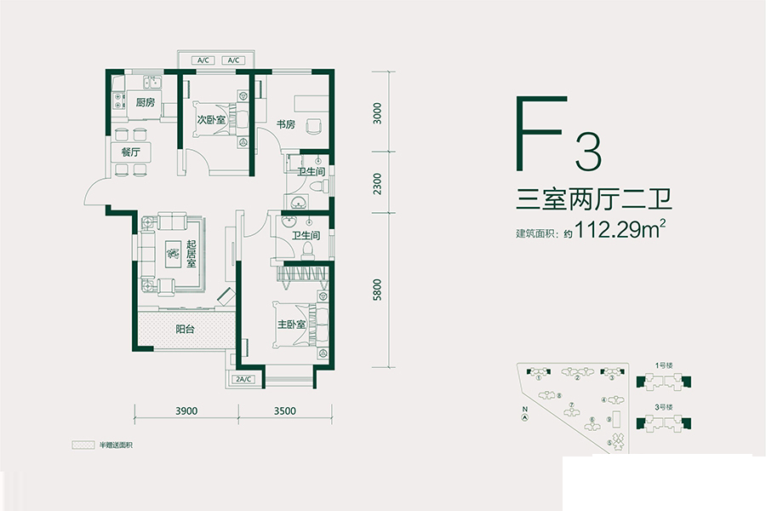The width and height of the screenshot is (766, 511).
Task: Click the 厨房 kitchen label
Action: pyautogui.click(x=145, y=103)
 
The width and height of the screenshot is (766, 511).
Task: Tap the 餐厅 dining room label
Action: pyautogui.click(x=130, y=151)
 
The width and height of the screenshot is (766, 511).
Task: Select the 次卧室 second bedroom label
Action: pyautogui.click(x=210, y=120)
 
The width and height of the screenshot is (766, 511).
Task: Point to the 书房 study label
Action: pyautogui.click(x=285, y=124)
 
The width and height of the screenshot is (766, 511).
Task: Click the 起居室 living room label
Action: pyautogui.click(x=191, y=253)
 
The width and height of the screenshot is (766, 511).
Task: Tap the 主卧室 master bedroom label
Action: pyautogui.click(x=291, y=324)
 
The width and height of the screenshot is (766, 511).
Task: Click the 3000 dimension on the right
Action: pyautogui.click(x=378, y=113)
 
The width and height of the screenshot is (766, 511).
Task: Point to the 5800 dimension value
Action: pyautogui.click(x=378, y=290)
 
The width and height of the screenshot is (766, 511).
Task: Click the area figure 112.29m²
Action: pyautogui.click(x=620, y=229)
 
